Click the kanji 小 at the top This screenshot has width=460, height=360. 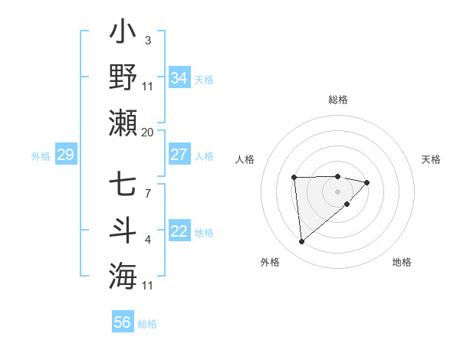click(x=123, y=34)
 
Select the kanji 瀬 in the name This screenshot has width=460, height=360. click(x=123, y=123)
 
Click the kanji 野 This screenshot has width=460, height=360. click(x=123, y=78)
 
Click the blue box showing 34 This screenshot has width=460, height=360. click(x=179, y=78)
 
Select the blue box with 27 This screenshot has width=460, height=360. click(x=179, y=155)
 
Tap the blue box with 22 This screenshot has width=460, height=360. click(x=179, y=232)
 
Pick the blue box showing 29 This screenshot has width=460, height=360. click(x=65, y=155)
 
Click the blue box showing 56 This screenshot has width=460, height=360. click(x=123, y=322)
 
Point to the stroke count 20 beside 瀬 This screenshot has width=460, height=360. click(x=147, y=133)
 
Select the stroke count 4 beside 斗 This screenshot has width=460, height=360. click(x=147, y=241)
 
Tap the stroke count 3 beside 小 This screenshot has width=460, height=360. click(x=147, y=41)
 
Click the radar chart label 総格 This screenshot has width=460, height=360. click(x=338, y=100)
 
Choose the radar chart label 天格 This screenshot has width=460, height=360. click(x=432, y=159)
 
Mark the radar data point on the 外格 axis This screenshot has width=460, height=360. click(x=302, y=242)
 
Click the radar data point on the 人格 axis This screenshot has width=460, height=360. click(x=294, y=178)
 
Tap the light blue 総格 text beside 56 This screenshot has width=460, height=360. click(x=147, y=324)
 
